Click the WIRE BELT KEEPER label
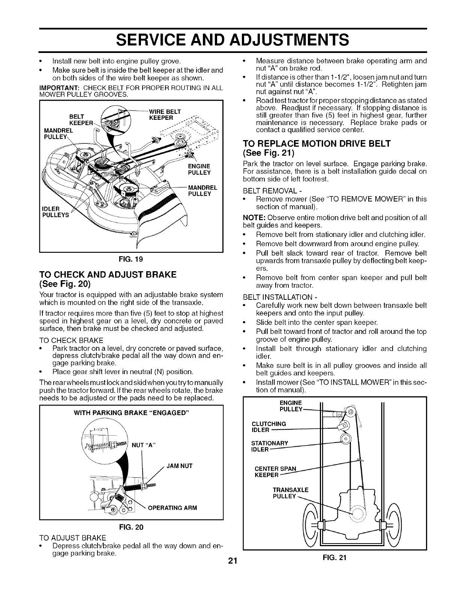coord(165,114)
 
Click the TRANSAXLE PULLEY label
coord(291,493)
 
